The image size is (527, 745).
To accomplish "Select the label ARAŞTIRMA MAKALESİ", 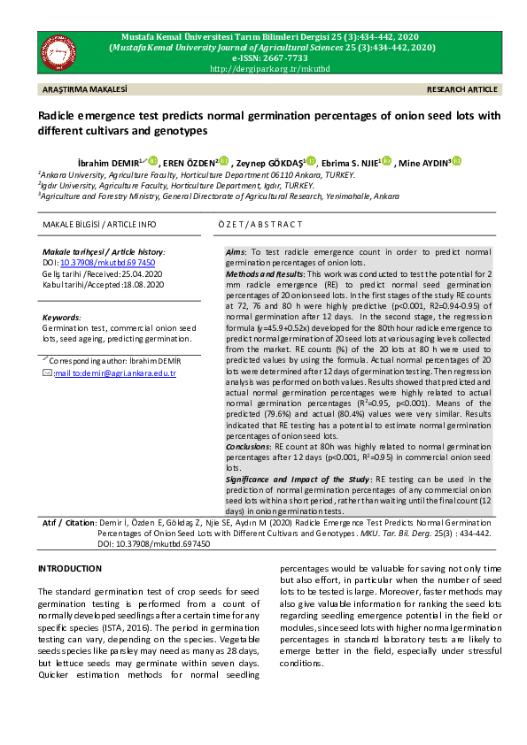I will (85, 90).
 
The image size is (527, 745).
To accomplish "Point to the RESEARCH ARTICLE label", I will (461, 90).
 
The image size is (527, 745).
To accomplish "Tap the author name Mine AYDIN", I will (426, 163).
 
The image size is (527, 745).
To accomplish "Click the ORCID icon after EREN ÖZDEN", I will (223, 161).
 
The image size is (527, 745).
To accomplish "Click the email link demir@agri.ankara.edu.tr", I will (116, 373).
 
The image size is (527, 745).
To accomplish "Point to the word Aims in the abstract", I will (236, 252).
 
